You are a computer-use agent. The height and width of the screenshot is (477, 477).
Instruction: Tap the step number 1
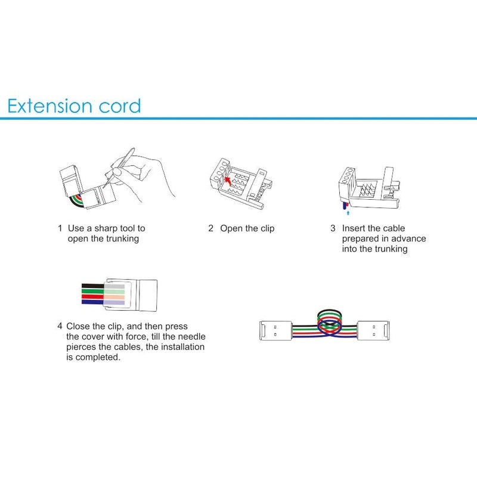pyautogui.click(x=60, y=228)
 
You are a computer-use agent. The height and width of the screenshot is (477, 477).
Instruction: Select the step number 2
pyautogui.click(x=210, y=228)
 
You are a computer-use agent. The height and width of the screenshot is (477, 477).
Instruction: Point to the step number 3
pyautogui.click(x=333, y=228)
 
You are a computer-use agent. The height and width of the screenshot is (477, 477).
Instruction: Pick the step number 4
pyautogui.click(x=60, y=326)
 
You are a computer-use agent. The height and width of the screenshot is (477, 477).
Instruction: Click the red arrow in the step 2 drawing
pyautogui.click(x=227, y=176)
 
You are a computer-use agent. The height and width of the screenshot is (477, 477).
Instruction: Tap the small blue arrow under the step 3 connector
pyautogui.click(x=348, y=210)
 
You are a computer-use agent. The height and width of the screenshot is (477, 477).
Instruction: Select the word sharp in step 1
pyautogui.click(x=109, y=228)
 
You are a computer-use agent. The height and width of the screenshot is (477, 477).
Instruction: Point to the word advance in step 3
pyautogui.click(x=408, y=238)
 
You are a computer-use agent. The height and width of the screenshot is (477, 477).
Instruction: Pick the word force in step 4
pyautogui.click(x=133, y=336)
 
